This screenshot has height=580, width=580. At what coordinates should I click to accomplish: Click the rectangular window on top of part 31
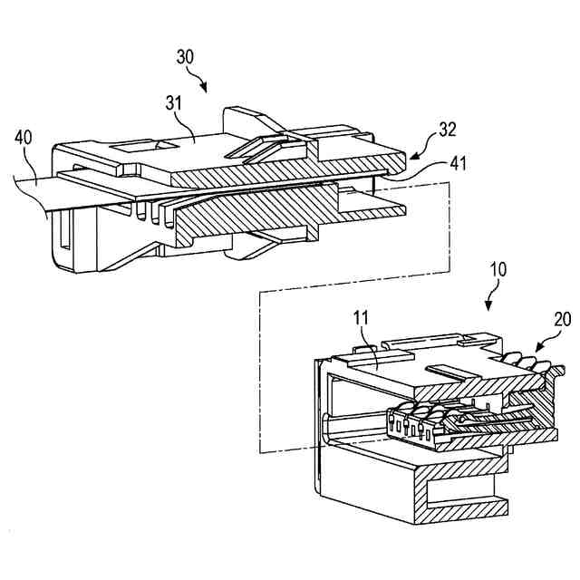(x=133, y=144)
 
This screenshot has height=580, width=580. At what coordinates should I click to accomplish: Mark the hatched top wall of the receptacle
(x=471, y=388)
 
